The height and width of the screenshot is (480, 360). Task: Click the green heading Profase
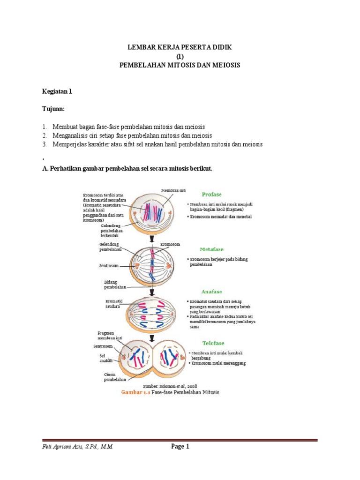(x=211, y=194)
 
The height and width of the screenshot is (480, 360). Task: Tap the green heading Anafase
(x=211, y=292)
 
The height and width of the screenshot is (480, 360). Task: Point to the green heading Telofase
(x=211, y=343)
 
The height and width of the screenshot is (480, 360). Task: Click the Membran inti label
(x=173, y=190)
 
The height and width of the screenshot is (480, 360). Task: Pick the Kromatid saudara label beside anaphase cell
(x=113, y=303)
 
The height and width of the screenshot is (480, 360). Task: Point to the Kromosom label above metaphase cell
(x=170, y=244)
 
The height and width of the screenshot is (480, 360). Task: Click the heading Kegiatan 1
(x=57, y=91)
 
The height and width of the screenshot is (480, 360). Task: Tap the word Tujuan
(x=53, y=109)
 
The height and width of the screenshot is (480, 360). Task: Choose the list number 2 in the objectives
(x=45, y=135)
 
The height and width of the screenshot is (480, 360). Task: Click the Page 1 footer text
(x=180, y=447)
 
